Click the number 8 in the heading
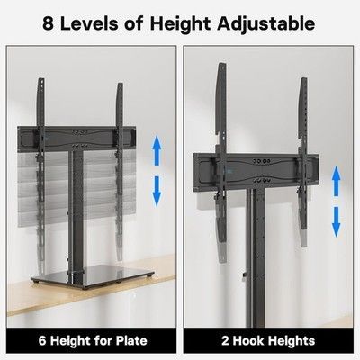(49, 23)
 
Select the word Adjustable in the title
(266, 24)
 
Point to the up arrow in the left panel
(157, 150)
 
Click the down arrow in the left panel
(157, 191)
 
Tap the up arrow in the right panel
(337, 182)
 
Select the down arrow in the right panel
(337, 222)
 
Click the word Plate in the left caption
(132, 341)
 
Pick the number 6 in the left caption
(42, 341)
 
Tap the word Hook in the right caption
(249, 341)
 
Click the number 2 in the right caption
(225, 341)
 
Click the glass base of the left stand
(93, 276)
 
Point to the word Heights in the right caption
(292, 342)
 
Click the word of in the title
(134, 23)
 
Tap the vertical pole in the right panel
(256, 258)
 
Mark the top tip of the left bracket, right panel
(221, 63)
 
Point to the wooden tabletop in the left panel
(90, 288)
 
